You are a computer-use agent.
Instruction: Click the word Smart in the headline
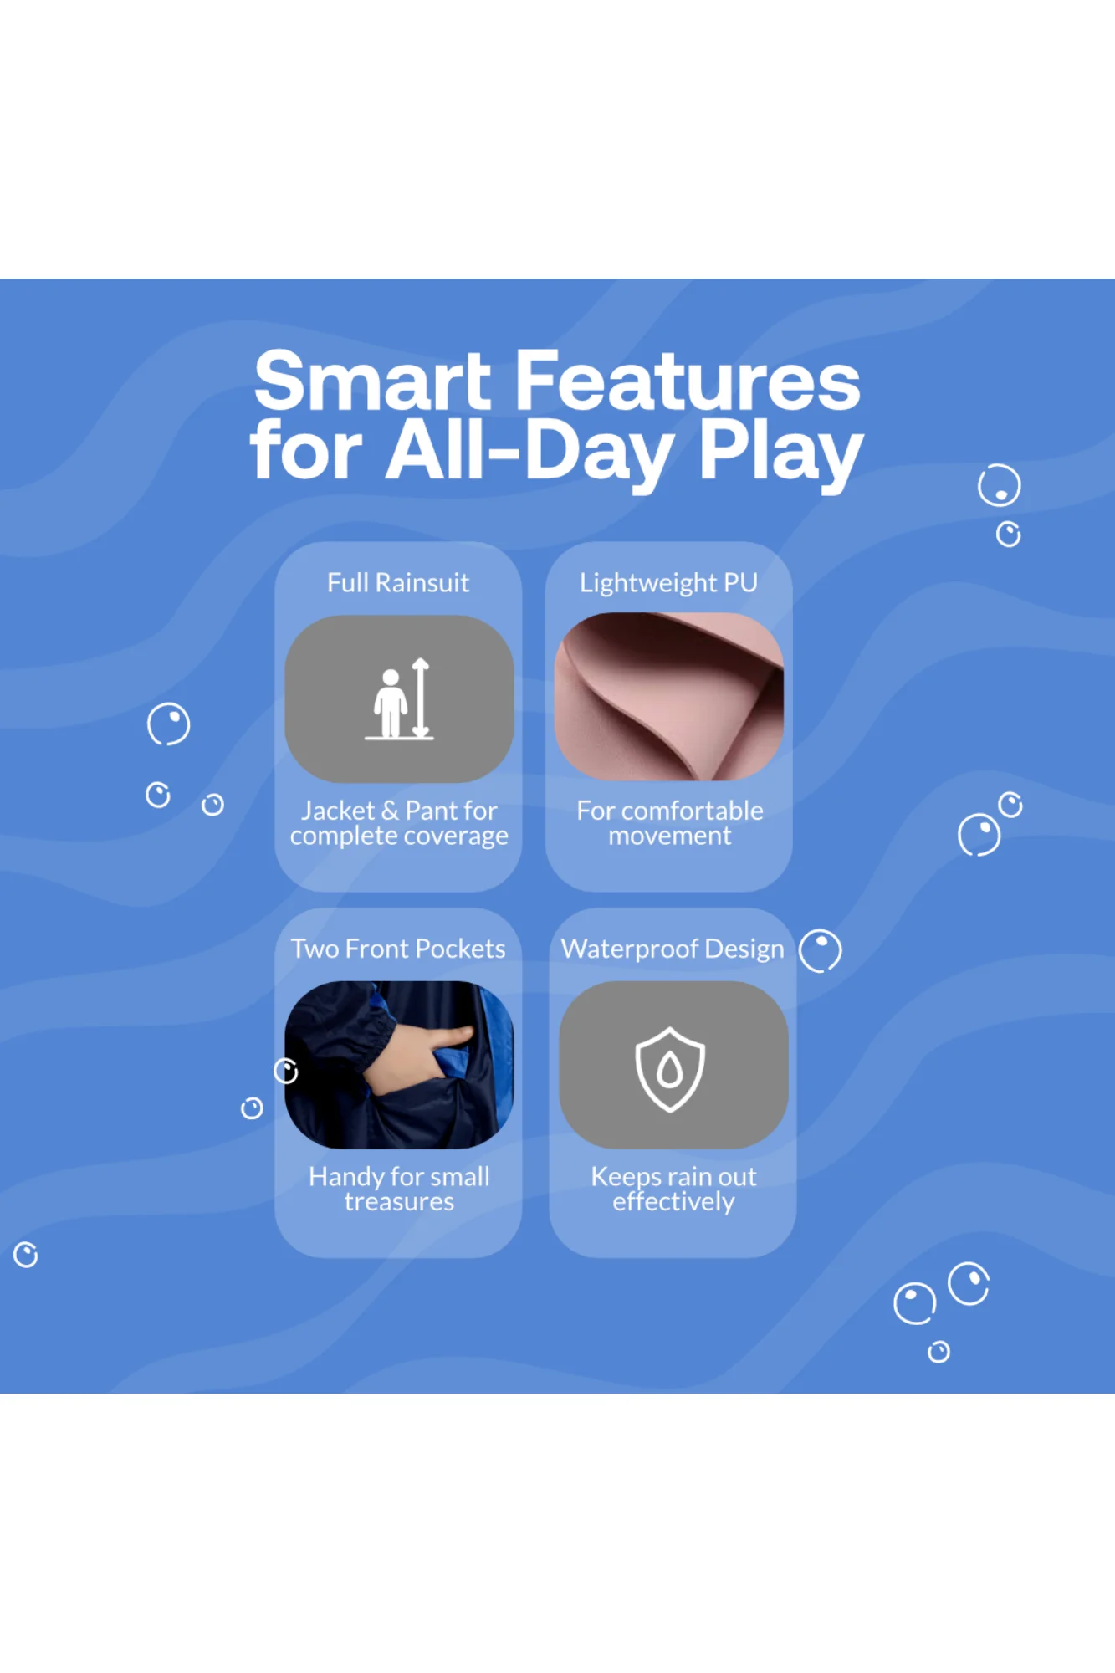372,381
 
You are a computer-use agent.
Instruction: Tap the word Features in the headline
688,381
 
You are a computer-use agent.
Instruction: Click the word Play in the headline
780,453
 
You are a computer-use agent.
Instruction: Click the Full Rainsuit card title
398,582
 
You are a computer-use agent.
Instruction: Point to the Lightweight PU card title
668,583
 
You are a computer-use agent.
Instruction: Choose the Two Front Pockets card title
398,949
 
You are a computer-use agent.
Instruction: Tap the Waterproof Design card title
673,949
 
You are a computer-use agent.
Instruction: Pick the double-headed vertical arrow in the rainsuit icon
421,698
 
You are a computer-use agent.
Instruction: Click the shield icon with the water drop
669,1070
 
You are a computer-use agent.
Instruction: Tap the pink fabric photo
669,697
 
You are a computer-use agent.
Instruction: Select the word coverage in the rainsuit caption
455,836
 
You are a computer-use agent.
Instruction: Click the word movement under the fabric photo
670,836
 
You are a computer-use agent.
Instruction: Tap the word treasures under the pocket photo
399,1202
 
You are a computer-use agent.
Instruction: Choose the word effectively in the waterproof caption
673,1202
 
